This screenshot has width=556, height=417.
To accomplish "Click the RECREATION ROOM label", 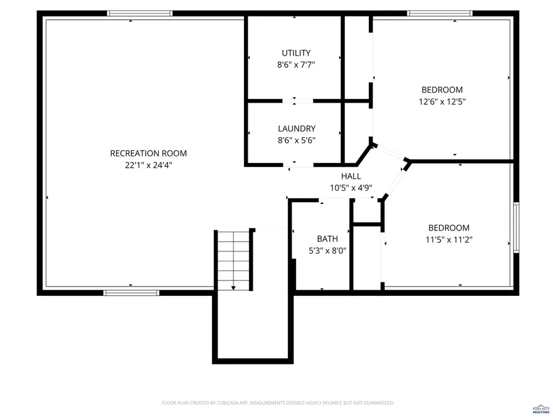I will coord(148,153).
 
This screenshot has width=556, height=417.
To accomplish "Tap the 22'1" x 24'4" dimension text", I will coord(148,165).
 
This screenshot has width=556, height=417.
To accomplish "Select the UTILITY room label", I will coord(296,53).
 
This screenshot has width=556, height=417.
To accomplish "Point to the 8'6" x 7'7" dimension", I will coord(296,64).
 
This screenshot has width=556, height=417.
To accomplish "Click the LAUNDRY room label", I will coord(297,128).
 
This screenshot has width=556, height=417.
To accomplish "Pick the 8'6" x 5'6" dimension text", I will coord(297,140).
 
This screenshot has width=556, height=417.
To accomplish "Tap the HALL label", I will coord(351,176).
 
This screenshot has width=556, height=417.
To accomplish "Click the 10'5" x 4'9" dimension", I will coord(351,188).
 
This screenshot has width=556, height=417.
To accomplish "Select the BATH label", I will coord(327,239).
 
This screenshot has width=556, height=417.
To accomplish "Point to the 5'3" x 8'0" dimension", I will coord(327,251).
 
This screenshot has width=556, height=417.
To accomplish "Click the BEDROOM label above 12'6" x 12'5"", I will coord(442,90).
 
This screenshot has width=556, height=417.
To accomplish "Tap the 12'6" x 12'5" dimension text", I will coord(442,102).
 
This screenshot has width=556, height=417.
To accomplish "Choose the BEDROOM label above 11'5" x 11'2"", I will coord(449,228).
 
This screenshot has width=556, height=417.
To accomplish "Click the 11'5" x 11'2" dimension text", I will coord(449,240).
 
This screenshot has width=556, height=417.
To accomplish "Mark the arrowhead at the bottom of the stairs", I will coord(234,287).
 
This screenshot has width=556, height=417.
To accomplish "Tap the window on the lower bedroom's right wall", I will coord(516,228).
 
